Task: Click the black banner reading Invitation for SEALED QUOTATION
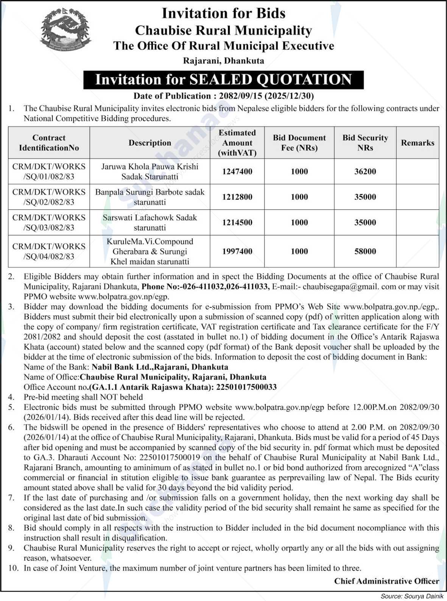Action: point(223,80)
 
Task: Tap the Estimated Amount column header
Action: point(237,143)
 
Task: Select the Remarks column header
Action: point(417,143)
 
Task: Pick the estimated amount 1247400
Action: point(237,171)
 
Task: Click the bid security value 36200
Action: point(365,171)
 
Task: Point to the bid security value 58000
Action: point(365,251)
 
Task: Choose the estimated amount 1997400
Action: point(237,251)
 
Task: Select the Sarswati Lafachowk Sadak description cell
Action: point(150,223)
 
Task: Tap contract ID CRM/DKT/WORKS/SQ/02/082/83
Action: point(49,197)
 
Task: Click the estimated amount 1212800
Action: point(237,197)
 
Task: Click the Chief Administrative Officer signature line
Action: point(386,581)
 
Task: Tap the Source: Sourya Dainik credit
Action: point(412,596)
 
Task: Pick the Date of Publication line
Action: point(223,96)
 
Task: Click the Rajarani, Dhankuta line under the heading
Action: point(223,61)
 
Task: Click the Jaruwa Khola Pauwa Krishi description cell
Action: point(150,171)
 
